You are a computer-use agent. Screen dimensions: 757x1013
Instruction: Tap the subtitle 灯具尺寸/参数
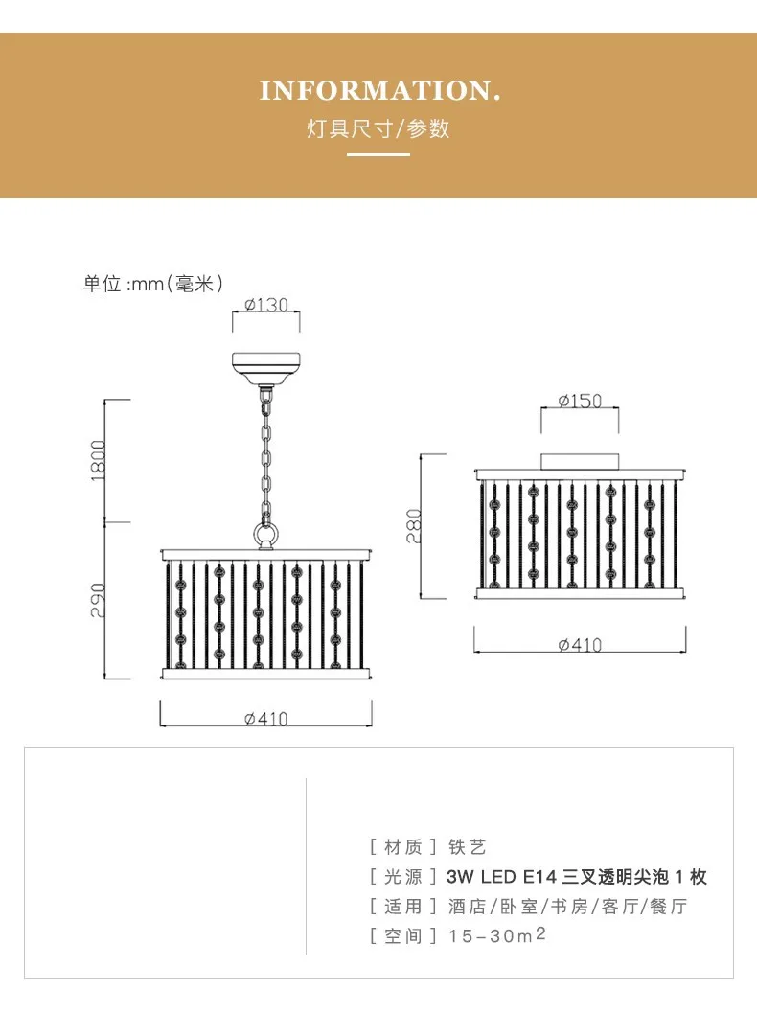click(378, 128)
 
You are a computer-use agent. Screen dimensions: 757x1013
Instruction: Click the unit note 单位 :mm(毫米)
click(153, 283)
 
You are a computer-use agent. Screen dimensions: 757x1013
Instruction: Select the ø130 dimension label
click(265, 305)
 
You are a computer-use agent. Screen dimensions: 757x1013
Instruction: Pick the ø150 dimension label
click(580, 400)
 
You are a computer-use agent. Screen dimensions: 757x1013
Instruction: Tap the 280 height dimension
click(414, 526)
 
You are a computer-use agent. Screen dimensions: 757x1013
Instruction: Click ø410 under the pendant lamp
click(265, 719)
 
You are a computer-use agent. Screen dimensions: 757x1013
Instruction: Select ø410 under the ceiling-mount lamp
click(580, 644)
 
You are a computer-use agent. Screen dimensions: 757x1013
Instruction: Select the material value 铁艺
click(468, 846)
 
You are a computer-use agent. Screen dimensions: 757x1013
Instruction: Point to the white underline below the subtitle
click(378, 154)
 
